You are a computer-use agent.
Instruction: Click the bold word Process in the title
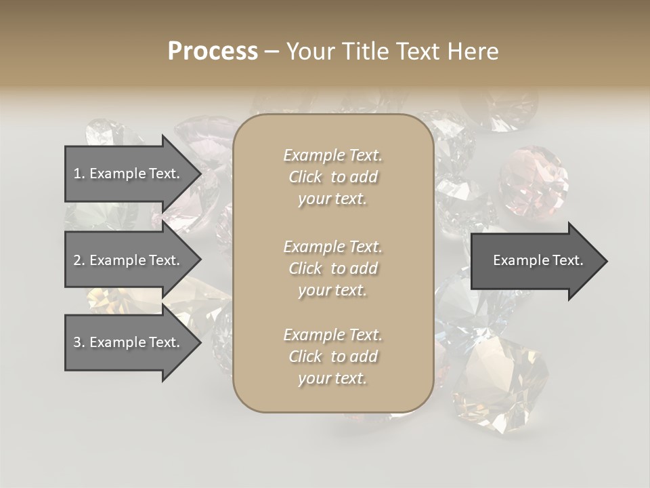(x=213, y=52)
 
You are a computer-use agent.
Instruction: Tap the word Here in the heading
(x=473, y=52)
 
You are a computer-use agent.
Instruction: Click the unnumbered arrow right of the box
(x=535, y=261)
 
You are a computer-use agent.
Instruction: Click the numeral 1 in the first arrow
(x=77, y=174)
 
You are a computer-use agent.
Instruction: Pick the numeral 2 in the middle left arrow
(x=77, y=260)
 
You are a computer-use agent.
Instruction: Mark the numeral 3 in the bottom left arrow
(x=77, y=342)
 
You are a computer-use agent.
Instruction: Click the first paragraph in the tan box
(x=333, y=177)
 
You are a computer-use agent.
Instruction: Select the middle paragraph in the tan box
(x=333, y=268)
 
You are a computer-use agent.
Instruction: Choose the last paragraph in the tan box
(x=333, y=357)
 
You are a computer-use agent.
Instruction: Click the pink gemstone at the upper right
(x=533, y=181)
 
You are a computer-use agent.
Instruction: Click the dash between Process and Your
(x=272, y=52)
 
